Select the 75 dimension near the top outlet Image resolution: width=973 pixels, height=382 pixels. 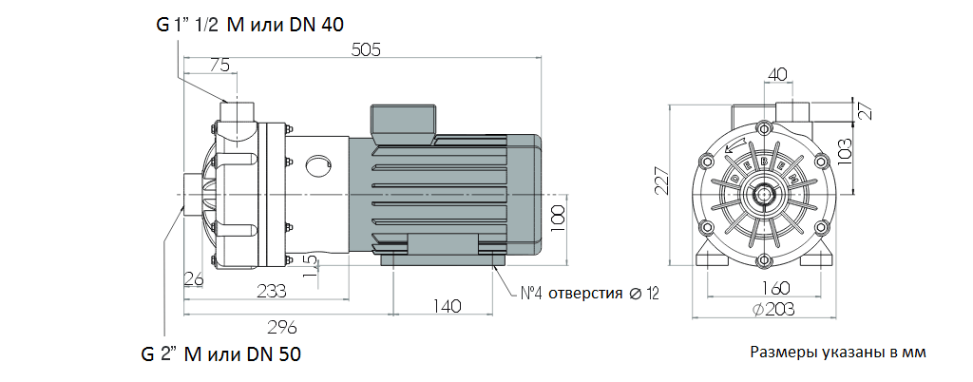click(219, 65)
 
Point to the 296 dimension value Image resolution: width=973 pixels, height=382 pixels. click(282, 327)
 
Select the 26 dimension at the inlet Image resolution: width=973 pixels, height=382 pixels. click(194, 278)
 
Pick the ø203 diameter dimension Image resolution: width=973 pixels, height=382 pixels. click(764, 309)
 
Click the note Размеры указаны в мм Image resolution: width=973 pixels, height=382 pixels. click(837, 353)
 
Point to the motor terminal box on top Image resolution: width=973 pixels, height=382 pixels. click(403, 119)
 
